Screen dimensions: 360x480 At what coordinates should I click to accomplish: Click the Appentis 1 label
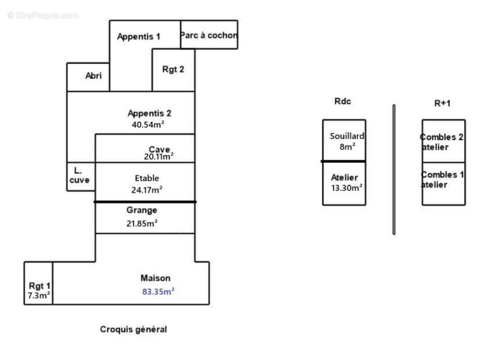[x=139, y=37]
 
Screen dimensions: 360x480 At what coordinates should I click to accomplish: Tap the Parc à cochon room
[x=209, y=35]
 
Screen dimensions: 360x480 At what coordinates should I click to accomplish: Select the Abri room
[x=88, y=76]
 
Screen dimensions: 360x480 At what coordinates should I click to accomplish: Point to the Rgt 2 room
[x=173, y=70]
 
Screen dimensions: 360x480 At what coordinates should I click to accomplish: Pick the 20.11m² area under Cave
[x=158, y=157]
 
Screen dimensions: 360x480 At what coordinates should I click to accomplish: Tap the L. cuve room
[x=81, y=176]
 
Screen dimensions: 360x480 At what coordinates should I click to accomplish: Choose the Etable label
[x=147, y=178]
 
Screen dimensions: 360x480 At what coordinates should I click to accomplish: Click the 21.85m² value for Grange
[x=142, y=223]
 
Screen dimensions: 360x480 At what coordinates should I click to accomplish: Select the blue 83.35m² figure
[x=158, y=292]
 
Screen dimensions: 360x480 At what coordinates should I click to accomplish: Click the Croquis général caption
[x=133, y=329]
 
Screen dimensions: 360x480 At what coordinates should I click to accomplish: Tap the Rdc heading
[x=343, y=102]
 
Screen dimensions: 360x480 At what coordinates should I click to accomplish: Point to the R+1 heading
[x=442, y=103]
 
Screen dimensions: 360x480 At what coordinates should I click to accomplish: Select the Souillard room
[x=344, y=140]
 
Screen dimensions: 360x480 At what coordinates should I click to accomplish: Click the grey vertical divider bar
[x=394, y=169]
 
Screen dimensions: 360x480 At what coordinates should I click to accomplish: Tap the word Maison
[x=155, y=279]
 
